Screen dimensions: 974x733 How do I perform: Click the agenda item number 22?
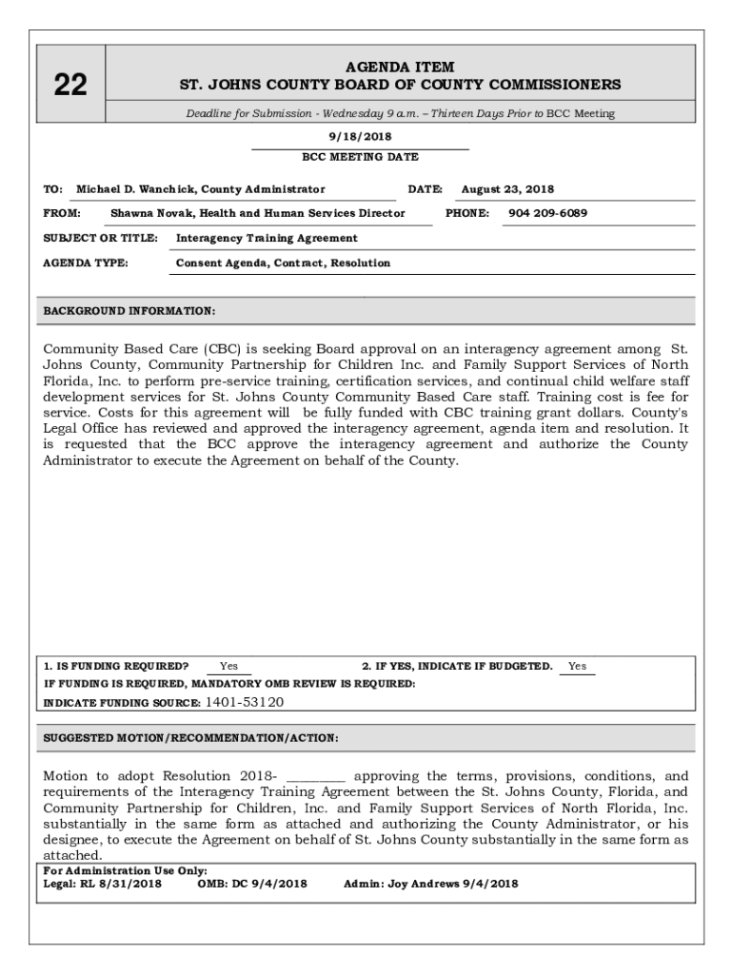click(70, 86)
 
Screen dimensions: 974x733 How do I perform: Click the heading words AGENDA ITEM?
click(400, 68)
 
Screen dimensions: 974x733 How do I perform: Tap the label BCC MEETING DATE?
click(360, 157)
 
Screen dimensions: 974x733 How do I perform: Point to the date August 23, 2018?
click(507, 189)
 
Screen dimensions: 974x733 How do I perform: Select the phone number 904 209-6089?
click(547, 213)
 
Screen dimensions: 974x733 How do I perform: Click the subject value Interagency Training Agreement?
click(267, 238)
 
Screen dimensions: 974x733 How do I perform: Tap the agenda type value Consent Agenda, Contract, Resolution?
click(283, 263)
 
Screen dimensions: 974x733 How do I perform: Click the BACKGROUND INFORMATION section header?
click(129, 311)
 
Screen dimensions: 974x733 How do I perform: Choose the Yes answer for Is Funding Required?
click(228, 667)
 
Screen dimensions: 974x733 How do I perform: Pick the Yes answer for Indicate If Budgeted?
click(577, 667)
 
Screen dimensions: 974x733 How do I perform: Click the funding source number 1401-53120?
click(245, 703)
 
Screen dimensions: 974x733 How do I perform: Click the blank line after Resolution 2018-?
click(315, 776)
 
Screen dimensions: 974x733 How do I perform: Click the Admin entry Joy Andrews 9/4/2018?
click(449, 884)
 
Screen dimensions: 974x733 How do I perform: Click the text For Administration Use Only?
click(126, 870)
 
